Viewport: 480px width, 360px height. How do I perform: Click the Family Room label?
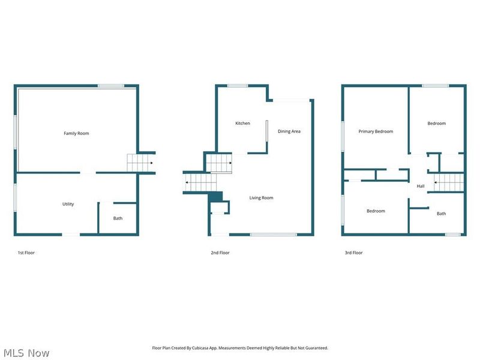pyautogui.click(x=76, y=133)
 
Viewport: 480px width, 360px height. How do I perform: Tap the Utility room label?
pyautogui.click(x=68, y=204)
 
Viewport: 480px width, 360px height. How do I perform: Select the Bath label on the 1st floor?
pyautogui.click(x=118, y=218)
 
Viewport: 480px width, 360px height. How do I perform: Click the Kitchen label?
pyautogui.click(x=242, y=124)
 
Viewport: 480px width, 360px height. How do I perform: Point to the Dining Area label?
pyautogui.click(x=289, y=131)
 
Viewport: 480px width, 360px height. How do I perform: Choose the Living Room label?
pyautogui.click(x=262, y=198)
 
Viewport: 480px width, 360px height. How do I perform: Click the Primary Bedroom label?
pyautogui.click(x=376, y=131)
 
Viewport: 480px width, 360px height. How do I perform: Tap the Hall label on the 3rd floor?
pyautogui.click(x=421, y=186)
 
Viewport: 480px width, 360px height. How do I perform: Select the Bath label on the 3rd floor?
pyautogui.click(x=441, y=214)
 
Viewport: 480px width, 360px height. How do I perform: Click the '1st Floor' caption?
pyautogui.click(x=26, y=253)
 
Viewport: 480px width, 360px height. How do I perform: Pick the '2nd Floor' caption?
pyautogui.click(x=220, y=253)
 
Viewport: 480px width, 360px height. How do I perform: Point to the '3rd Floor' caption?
pyautogui.click(x=353, y=253)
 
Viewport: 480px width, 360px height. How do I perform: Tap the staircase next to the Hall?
pyautogui.click(x=449, y=182)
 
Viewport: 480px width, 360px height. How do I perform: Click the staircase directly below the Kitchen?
pyautogui.click(x=219, y=163)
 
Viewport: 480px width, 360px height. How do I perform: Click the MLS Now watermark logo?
pyautogui.click(x=26, y=353)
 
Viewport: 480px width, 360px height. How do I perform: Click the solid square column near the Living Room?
pyautogui.click(x=216, y=196)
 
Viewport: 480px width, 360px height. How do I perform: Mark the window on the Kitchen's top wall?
pyautogui.click(x=238, y=86)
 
